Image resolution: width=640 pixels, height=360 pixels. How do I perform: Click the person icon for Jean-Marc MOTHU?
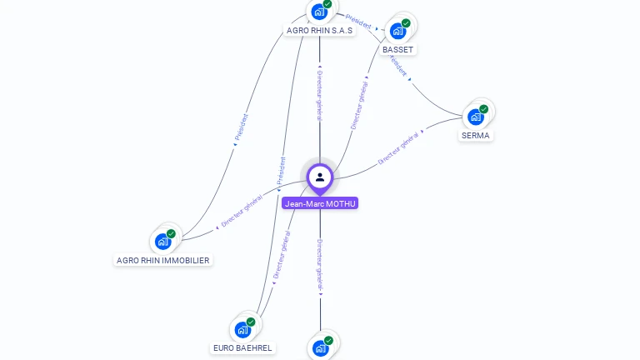pyautogui.click(x=320, y=177)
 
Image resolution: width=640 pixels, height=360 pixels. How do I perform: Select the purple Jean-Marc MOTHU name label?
pyautogui.click(x=320, y=203)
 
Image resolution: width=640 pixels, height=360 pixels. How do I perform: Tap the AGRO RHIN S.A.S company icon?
pyautogui.click(x=318, y=12)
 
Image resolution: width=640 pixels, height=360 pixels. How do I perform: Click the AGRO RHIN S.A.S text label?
pyautogui.click(x=319, y=30)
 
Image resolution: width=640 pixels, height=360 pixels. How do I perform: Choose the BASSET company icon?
pyautogui.click(x=397, y=31)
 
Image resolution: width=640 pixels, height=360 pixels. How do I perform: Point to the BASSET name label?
pyautogui.click(x=397, y=50)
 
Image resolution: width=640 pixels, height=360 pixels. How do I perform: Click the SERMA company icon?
pyautogui.click(x=476, y=117)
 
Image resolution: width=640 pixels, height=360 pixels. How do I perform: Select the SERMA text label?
pyautogui.click(x=476, y=136)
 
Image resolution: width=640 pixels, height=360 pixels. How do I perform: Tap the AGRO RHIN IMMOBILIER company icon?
pyautogui.click(x=162, y=242)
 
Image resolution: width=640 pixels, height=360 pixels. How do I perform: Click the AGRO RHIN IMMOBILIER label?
pyautogui.click(x=162, y=261)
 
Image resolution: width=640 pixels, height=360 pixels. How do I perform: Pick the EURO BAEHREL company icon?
pyautogui.click(x=242, y=329)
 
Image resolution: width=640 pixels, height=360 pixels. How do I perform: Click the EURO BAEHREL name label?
pyautogui.click(x=242, y=348)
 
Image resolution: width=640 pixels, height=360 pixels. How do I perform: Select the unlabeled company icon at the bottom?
pyautogui.click(x=320, y=348)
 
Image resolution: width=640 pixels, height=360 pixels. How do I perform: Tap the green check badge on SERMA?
pyautogui.click(x=483, y=108)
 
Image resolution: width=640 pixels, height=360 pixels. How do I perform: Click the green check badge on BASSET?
pyautogui.click(x=406, y=23)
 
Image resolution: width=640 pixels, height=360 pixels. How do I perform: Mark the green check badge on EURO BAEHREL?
pyautogui.click(x=251, y=322)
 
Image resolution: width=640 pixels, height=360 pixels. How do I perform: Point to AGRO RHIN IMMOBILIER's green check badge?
pyautogui.click(x=171, y=234)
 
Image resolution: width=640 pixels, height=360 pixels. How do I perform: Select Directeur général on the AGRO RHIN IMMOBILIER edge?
pyautogui.click(x=242, y=212)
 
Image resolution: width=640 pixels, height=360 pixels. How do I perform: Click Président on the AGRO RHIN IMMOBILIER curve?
pyautogui.click(x=241, y=127)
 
